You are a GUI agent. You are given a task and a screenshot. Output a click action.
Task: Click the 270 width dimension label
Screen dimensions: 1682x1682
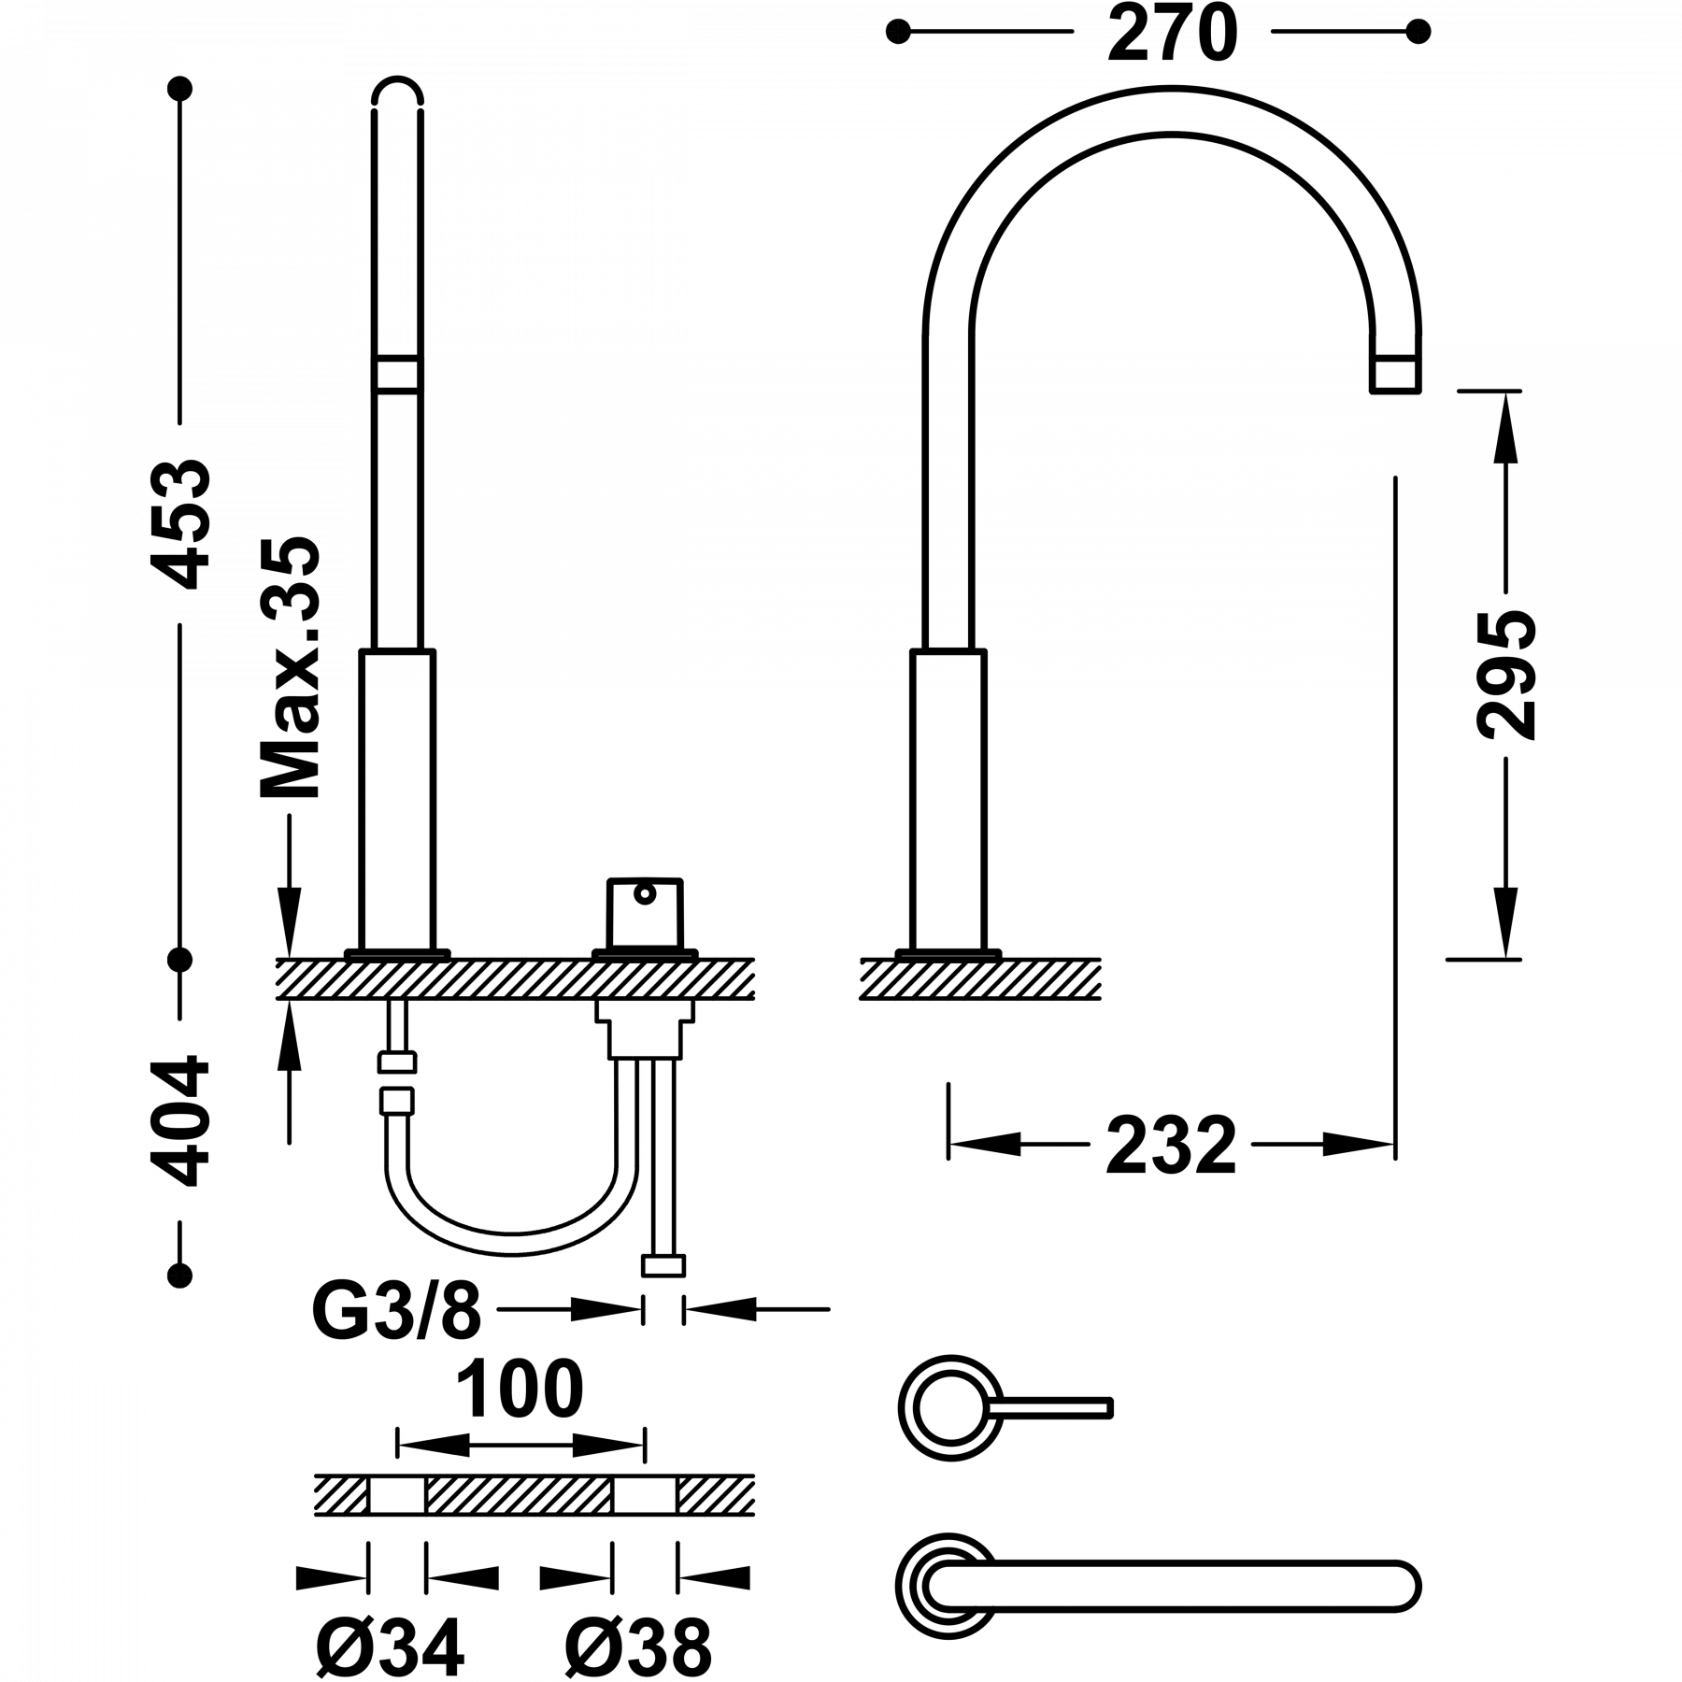click(1173, 33)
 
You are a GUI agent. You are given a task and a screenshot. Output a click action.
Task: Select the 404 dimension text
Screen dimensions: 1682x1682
click(180, 1121)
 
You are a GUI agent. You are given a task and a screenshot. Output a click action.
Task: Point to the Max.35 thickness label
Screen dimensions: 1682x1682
click(290, 668)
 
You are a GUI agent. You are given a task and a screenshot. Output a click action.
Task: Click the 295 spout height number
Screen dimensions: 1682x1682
click(1506, 675)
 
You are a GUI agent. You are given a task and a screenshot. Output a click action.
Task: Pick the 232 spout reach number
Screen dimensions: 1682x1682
click(1172, 1145)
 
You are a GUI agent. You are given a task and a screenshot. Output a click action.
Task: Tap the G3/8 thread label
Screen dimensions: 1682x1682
click(397, 1310)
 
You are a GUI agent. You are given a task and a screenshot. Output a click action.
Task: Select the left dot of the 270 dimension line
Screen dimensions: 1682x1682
click(897, 32)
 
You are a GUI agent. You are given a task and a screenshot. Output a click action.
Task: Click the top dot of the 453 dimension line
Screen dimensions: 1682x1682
click(179, 89)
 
